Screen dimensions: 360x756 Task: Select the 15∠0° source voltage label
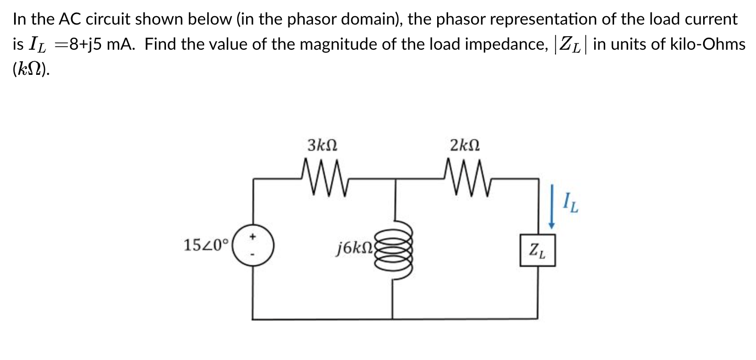pyautogui.click(x=206, y=244)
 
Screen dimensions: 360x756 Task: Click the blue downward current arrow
pyautogui.click(x=551, y=207)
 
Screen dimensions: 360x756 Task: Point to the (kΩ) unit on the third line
pyautogui.click(x=31, y=69)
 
